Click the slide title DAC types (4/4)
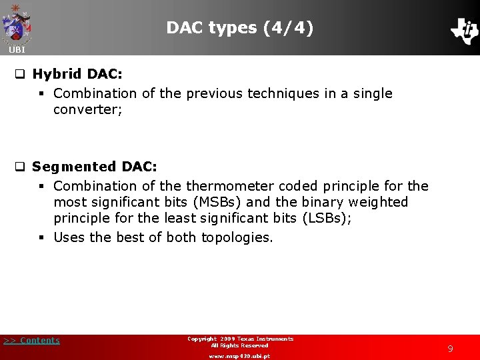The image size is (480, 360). [x=239, y=27]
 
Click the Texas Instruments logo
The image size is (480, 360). [x=464, y=30]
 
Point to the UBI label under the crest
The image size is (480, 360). [x=17, y=50]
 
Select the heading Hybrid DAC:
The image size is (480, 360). [x=77, y=74]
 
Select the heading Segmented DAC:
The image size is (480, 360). [x=94, y=167]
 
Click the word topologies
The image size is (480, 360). [x=237, y=237]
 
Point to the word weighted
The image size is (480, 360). [x=376, y=202]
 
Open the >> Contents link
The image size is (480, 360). [x=31, y=341]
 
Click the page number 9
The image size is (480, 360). [x=450, y=348]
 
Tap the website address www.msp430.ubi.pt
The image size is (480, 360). [x=239, y=356]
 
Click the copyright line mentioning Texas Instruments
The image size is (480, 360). [x=240, y=339]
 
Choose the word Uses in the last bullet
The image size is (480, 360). [x=69, y=237]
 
